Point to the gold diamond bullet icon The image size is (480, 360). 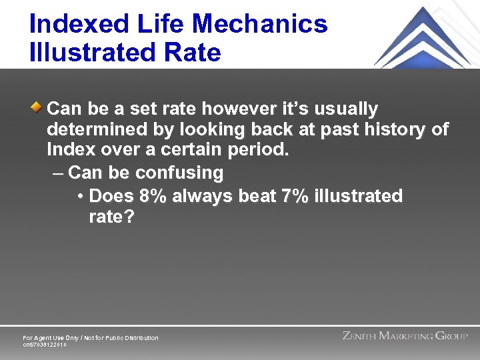[x=39, y=107]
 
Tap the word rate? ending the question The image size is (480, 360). [x=111, y=217]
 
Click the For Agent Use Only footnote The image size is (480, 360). [x=91, y=338]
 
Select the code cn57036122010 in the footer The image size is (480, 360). [x=45, y=345]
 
